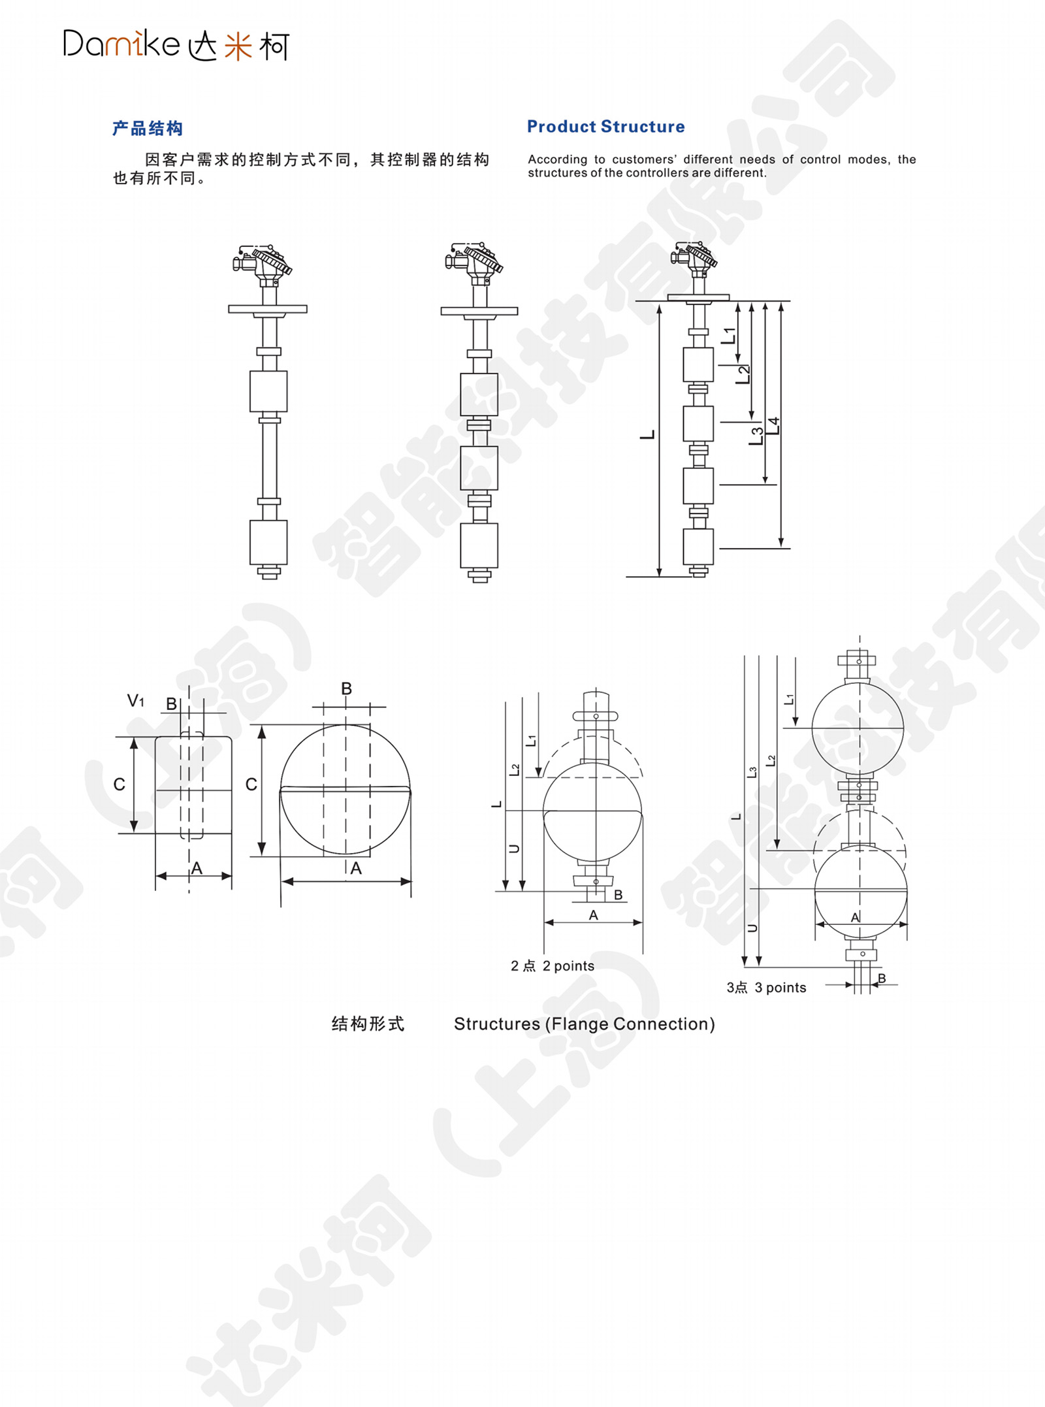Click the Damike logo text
click(x=121, y=44)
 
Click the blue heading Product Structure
click(x=606, y=127)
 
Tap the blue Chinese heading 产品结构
click(x=148, y=128)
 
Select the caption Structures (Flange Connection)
click(x=585, y=1024)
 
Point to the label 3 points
click(x=780, y=988)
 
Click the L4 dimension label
click(x=773, y=426)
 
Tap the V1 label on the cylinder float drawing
click(x=135, y=701)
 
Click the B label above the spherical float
click(x=346, y=688)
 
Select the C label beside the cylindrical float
click(x=120, y=784)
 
